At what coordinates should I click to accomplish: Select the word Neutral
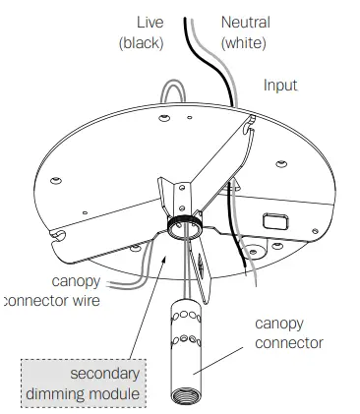click(x=244, y=22)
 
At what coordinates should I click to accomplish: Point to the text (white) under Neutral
click(x=244, y=42)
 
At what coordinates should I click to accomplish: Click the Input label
click(x=280, y=86)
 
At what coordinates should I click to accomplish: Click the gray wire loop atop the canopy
click(x=175, y=94)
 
